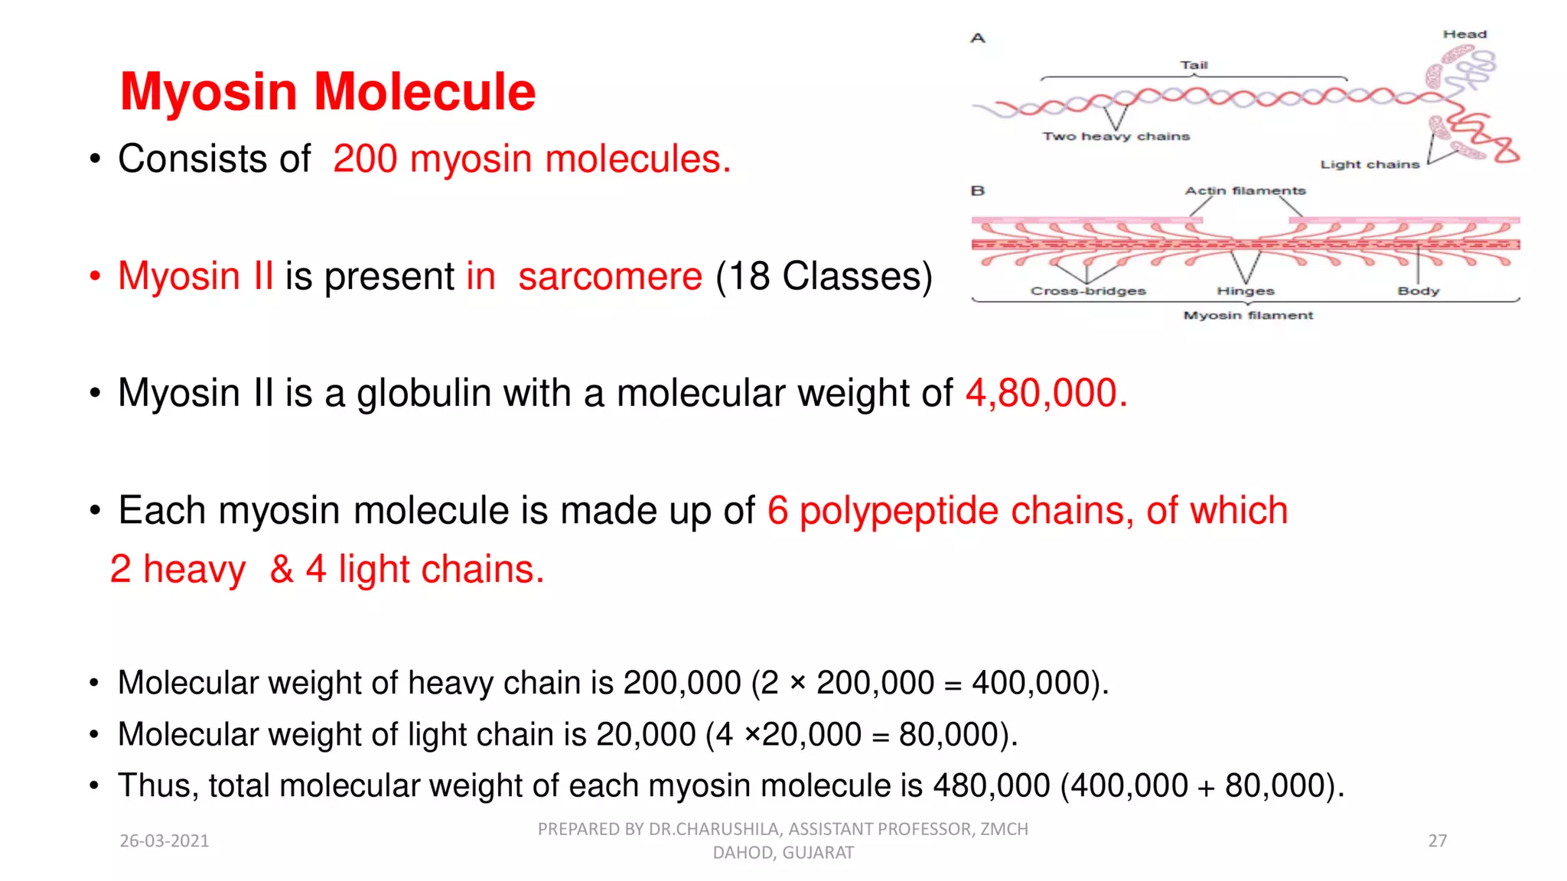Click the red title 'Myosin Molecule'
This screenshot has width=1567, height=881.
click(327, 92)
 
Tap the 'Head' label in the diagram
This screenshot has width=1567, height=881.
click(1464, 34)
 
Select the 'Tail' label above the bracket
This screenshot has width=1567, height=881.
click(1194, 65)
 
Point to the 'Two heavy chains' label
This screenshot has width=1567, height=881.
click(1116, 136)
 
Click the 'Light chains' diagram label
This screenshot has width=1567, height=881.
click(1370, 164)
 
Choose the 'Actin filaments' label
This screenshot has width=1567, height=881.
click(1245, 190)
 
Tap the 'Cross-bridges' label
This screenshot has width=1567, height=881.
click(1088, 291)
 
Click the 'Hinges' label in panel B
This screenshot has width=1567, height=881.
click(1246, 291)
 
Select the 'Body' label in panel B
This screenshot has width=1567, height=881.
click(1418, 291)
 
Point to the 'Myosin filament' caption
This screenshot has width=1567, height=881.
click(1248, 315)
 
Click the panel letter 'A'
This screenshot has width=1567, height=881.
click(978, 38)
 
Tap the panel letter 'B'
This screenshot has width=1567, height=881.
click(978, 190)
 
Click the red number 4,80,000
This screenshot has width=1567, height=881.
click(1046, 393)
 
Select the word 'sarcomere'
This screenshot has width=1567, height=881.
click(610, 276)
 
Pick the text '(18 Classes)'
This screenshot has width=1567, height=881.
click(824, 276)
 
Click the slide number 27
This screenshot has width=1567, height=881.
click(1437, 840)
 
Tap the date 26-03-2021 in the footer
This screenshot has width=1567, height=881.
click(165, 840)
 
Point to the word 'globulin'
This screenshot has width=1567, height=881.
click(424, 393)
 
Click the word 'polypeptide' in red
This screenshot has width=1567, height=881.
click(898, 511)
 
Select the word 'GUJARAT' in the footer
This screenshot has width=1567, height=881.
click(818, 853)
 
